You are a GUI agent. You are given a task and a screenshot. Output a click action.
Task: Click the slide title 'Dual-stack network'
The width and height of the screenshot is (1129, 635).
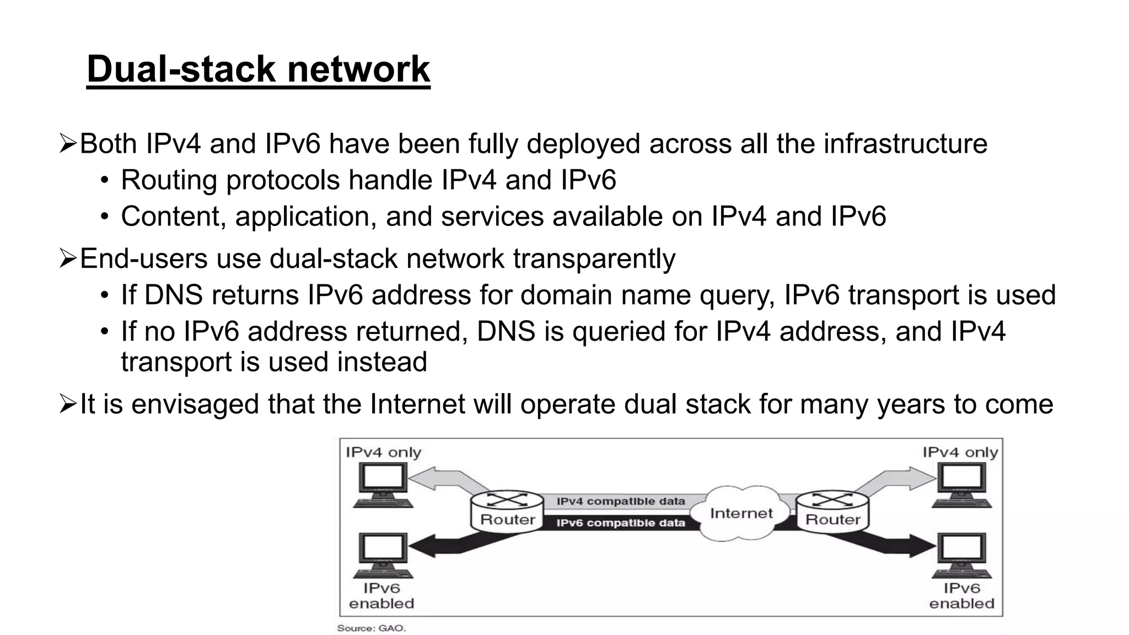click(258, 69)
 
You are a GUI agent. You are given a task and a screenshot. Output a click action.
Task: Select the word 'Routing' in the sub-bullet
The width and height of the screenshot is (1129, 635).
click(169, 180)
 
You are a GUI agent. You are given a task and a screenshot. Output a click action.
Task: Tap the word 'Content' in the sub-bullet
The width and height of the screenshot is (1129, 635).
click(173, 216)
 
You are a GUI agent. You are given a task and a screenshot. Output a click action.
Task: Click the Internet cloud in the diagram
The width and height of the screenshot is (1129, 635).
click(741, 513)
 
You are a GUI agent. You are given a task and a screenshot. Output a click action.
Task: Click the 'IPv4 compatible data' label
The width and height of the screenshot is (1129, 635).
click(621, 502)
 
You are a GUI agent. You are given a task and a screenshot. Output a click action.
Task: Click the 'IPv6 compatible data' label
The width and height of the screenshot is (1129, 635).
click(621, 523)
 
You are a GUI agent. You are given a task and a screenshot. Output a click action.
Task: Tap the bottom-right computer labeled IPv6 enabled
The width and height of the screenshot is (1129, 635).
click(962, 555)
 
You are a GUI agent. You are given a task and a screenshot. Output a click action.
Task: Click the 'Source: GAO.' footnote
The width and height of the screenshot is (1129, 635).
click(371, 628)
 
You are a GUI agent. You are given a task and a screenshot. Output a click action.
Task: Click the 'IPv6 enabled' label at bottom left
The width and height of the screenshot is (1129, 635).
click(381, 596)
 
